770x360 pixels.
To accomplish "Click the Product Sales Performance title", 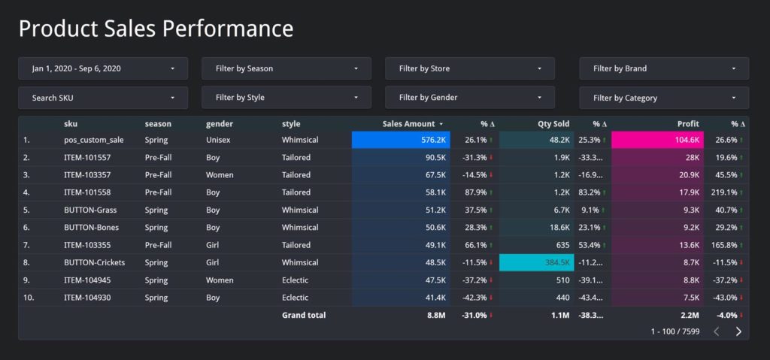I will click(156, 29).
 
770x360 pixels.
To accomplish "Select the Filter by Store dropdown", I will click(470, 68).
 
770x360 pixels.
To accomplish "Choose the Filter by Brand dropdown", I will click(663, 68).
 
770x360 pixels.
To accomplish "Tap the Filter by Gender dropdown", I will click(470, 98).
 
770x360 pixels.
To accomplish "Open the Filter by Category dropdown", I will click(663, 98).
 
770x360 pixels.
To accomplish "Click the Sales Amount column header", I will click(409, 124).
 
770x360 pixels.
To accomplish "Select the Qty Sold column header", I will click(553, 124).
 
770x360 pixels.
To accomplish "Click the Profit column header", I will click(687, 124).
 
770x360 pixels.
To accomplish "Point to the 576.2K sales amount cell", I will click(401, 140).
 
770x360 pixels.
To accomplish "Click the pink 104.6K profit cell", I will click(657, 140).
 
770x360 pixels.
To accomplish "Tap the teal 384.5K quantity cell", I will click(537, 262).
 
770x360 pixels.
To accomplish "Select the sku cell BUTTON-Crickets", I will click(94, 262).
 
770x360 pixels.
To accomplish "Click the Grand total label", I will click(304, 315).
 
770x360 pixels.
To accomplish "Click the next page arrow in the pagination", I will click(738, 331).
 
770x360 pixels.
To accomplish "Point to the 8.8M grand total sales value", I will click(435, 315).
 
